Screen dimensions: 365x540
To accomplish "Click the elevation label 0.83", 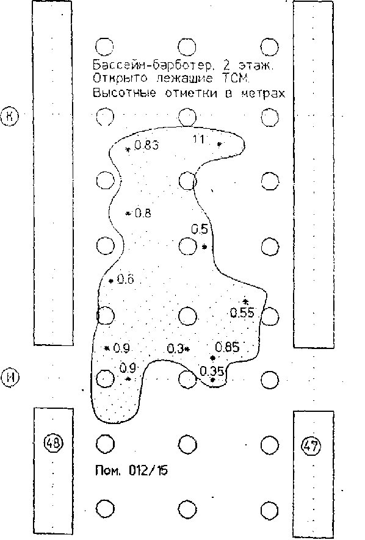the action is coord(146,145).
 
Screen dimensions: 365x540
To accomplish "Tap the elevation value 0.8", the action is coord(143,214).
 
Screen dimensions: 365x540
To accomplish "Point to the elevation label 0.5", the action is coord(200,229).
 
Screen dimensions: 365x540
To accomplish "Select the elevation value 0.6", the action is coord(125,279).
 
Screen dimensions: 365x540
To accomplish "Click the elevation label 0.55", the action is coord(242,312).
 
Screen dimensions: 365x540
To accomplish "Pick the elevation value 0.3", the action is coord(175,349).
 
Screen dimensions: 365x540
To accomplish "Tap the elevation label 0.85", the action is coord(227,347).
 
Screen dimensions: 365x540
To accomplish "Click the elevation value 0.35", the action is coord(212,371).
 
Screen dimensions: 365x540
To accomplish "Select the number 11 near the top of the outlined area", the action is coord(198,140).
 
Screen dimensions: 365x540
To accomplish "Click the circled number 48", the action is coord(53,442).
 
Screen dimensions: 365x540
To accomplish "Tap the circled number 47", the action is coord(311,446).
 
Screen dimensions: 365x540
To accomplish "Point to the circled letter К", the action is coord(10,116).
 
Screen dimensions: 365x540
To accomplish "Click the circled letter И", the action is coord(10,378).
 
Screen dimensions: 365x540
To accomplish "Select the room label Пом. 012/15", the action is coord(132,470).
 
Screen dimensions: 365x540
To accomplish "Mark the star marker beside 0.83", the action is coord(128,149).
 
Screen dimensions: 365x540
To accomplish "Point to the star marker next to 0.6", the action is coord(111,281).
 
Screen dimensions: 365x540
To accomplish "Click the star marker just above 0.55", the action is coord(245,301).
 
